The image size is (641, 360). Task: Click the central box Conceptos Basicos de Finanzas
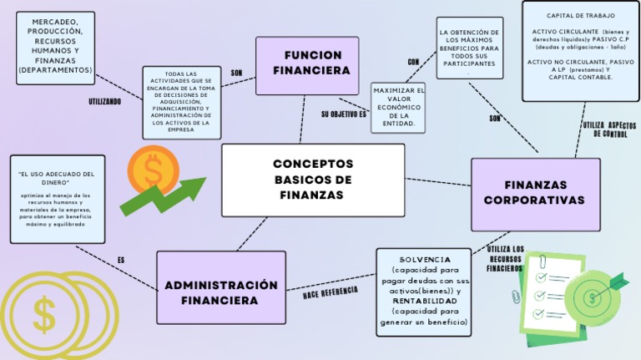[313, 180]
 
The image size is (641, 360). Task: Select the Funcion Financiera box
[307, 64]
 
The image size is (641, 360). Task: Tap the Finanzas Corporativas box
[535, 194]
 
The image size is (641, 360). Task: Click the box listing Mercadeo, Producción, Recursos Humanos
[55, 48]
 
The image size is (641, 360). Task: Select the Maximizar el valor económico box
[398, 107]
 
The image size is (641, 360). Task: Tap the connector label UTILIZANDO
[105, 101]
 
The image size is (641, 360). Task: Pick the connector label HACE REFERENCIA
[331, 292]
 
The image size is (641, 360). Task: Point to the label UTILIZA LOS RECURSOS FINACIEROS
[506, 259]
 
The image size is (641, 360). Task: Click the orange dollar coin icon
[153, 170]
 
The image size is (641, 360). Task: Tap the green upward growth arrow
[164, 195]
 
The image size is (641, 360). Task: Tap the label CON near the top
[413, 62]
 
